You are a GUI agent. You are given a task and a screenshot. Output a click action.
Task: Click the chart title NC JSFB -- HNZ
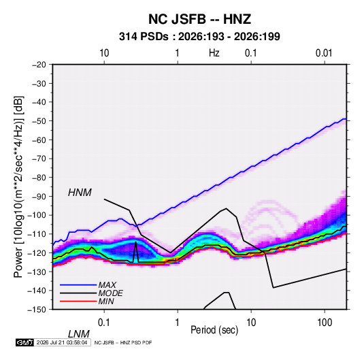click(x=199, y=19)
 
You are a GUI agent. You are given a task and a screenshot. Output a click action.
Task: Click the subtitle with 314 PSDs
click(x=199, y=37)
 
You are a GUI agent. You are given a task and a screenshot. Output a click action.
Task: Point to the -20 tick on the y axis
click(x=39, y=65)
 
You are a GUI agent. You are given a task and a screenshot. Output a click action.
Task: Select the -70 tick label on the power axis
click(x=39, y=159)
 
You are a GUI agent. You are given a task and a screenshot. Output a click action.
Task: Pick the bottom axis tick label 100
click(x=325, y=323)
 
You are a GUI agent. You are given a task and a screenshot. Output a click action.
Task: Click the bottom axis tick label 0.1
click(x=103, y=323)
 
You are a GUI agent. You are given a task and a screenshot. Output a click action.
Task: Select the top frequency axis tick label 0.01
click(x=324, y=53)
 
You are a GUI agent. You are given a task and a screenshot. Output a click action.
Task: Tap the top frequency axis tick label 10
click(x=104, y=53)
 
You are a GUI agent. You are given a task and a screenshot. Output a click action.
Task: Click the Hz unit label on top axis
click(x=214, y=53)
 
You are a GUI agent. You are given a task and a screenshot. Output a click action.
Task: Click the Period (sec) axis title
click(x=214, y=330)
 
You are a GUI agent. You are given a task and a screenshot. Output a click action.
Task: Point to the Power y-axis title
click(x=18, y=187)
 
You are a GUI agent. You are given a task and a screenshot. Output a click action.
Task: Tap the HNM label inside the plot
click(x=80, y=193)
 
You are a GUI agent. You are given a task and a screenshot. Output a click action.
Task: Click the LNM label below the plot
click(x=78, y=334)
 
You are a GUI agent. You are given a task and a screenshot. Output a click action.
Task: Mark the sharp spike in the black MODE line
click(x=136, y=242)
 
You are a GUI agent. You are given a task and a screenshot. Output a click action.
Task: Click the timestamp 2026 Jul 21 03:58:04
click(x=62, y=342)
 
